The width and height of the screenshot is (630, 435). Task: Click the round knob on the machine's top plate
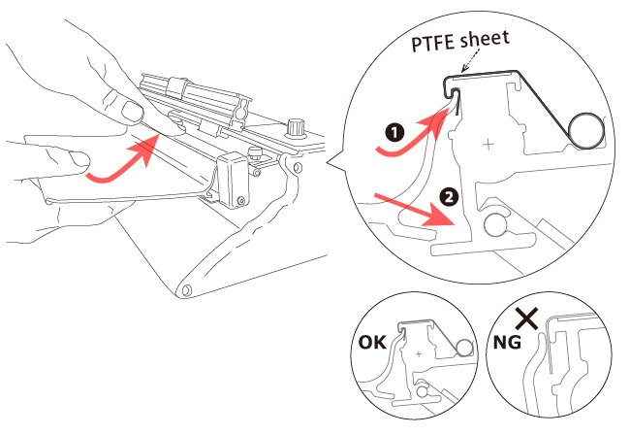coord(294,127)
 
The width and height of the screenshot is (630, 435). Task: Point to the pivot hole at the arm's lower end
coord(185,288)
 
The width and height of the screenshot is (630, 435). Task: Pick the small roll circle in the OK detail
coord(464,347)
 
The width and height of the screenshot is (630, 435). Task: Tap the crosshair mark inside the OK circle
coord(419,355)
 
